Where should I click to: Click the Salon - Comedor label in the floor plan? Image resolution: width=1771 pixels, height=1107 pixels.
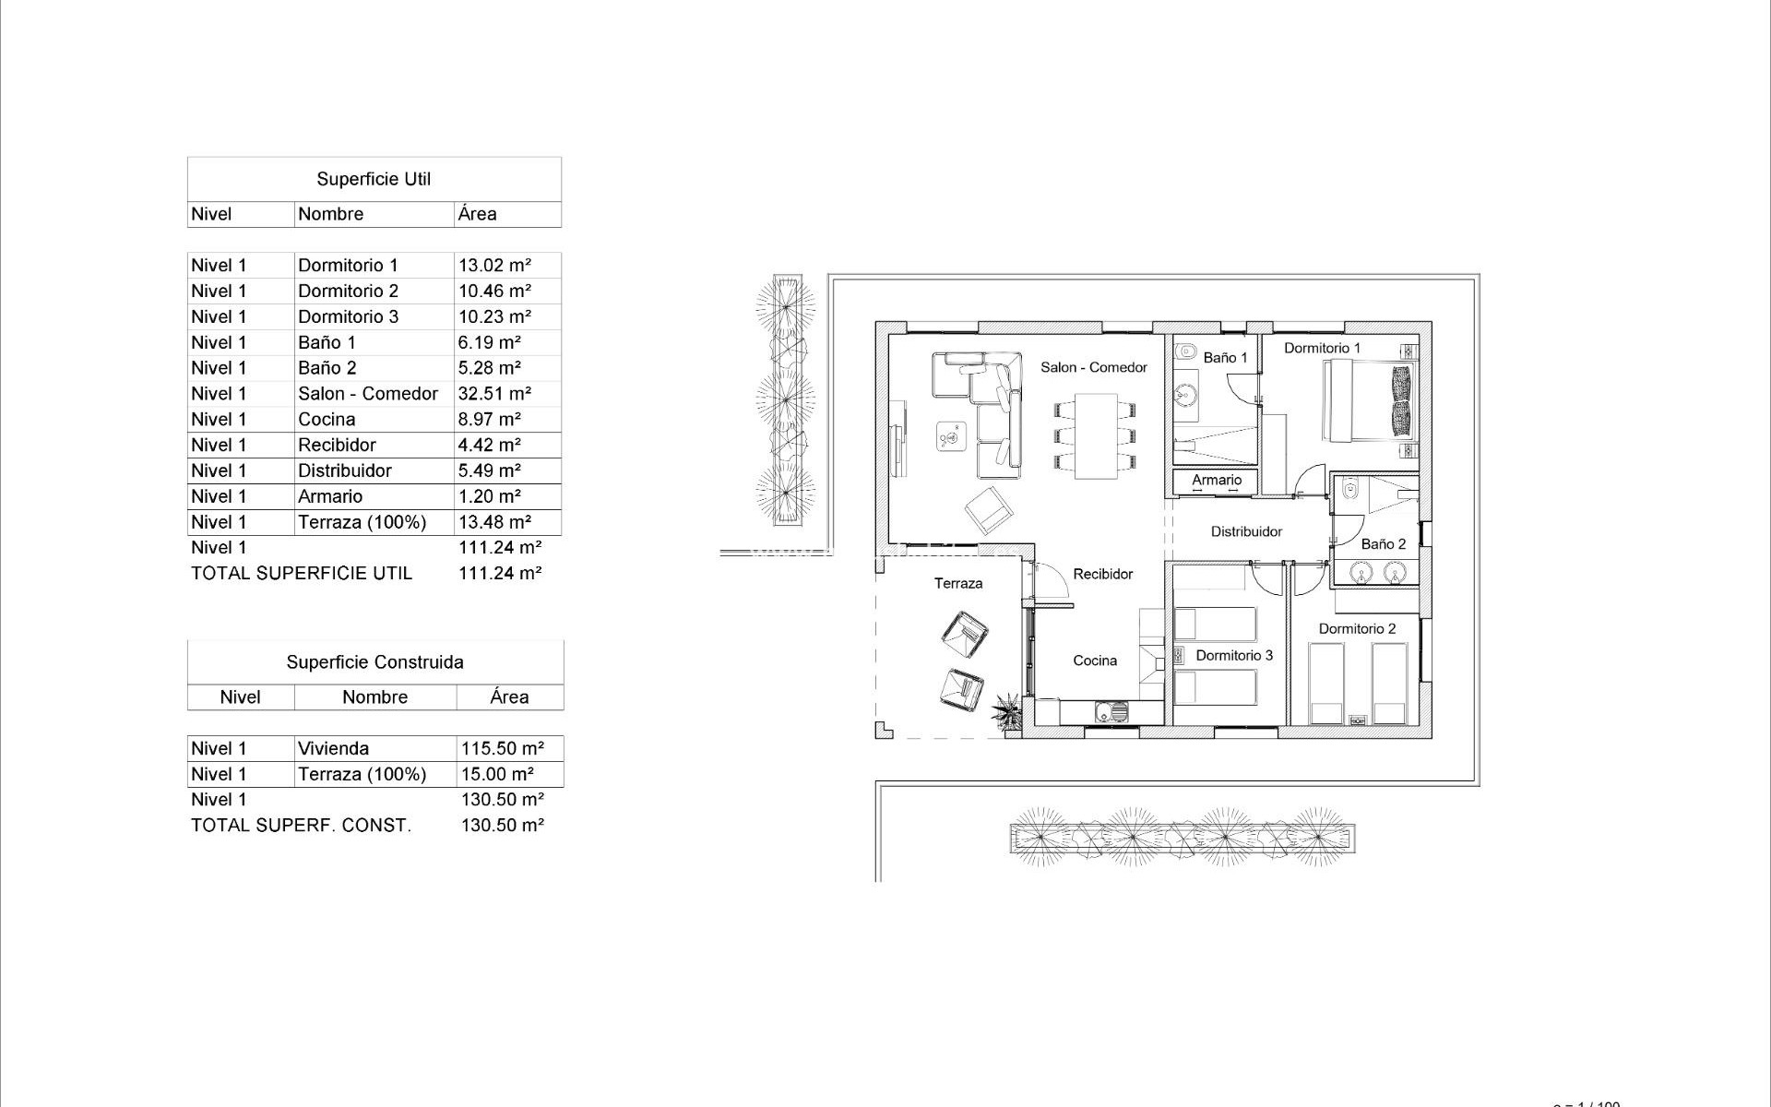(1093, 367)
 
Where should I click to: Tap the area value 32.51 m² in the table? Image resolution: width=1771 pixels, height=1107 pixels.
(494, 394)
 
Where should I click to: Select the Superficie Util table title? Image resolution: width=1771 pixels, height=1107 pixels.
(374, 179)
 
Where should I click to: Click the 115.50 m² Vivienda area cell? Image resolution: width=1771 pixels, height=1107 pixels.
(502, 748)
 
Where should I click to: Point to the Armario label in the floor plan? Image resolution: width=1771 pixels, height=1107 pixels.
(1216, 480)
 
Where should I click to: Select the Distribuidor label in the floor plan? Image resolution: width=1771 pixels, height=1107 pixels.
(1246, 531)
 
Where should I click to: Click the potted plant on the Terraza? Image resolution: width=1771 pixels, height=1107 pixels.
(1007, 712)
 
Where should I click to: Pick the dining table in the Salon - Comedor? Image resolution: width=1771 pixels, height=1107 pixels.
(1095, 435)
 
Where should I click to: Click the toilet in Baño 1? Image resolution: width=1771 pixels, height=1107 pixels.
(1185, 351)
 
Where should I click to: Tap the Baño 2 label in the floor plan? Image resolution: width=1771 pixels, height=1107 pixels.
(1383, 544)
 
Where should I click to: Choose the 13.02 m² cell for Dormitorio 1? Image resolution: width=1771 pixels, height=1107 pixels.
(494, 266)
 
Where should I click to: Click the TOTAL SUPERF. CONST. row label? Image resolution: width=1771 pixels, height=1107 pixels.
(301, 826)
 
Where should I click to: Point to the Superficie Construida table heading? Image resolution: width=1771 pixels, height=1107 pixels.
(374, 662)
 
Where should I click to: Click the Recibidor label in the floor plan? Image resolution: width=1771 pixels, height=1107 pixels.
(1102, 574)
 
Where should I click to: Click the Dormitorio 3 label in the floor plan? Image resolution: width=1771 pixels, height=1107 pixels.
(1233, 655)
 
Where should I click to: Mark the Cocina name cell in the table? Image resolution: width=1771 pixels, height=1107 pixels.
(327, 420)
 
